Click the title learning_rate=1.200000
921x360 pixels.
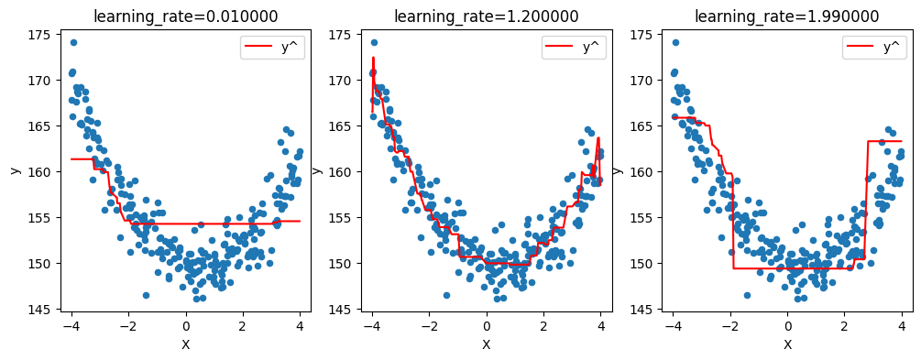(486, 16)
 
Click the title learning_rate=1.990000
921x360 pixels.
(786, 16)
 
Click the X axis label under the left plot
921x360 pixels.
(185, 344)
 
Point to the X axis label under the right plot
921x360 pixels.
(787, 344)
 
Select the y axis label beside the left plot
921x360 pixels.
(16, 170)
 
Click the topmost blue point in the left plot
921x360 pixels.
(73, 42)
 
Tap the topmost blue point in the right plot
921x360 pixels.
(675, 42)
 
